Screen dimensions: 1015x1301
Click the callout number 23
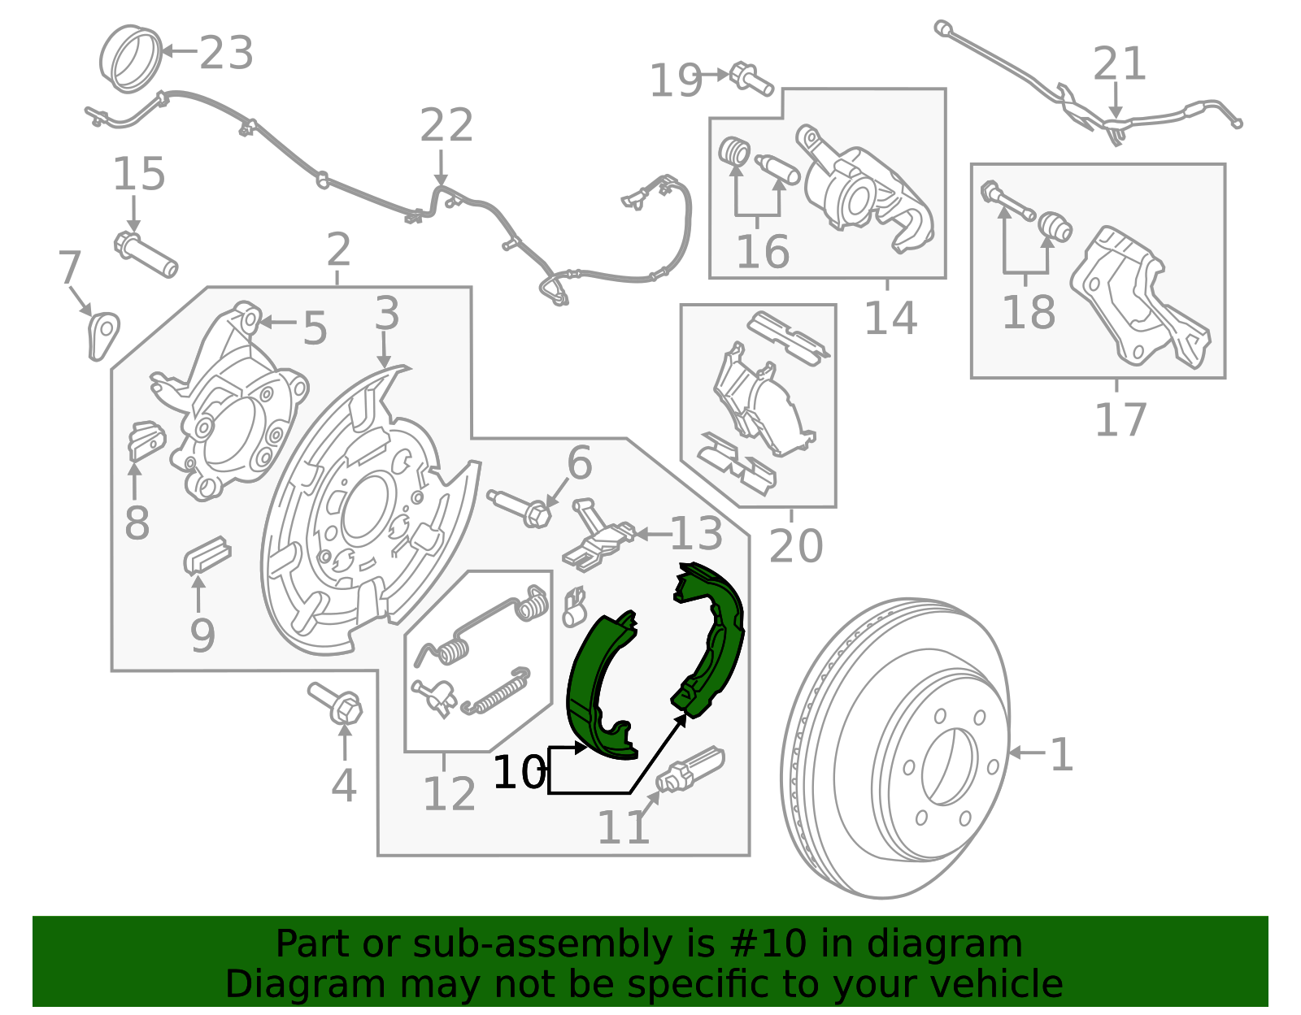coord(226,53)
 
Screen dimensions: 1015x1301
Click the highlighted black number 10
coord(519,772)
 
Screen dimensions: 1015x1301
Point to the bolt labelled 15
coord(146,253)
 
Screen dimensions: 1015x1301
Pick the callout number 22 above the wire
coord(446,126)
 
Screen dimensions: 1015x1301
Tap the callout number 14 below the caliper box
coord(890,318)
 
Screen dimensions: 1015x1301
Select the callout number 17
coord(1120,420)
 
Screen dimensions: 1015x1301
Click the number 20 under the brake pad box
coord(795,545)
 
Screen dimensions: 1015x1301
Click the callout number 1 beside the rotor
coord(1061,755)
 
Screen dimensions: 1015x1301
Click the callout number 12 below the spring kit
coord(449,794)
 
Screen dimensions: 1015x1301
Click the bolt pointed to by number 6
coord(520,506)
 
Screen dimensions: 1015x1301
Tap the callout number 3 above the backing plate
coord(387,314)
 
